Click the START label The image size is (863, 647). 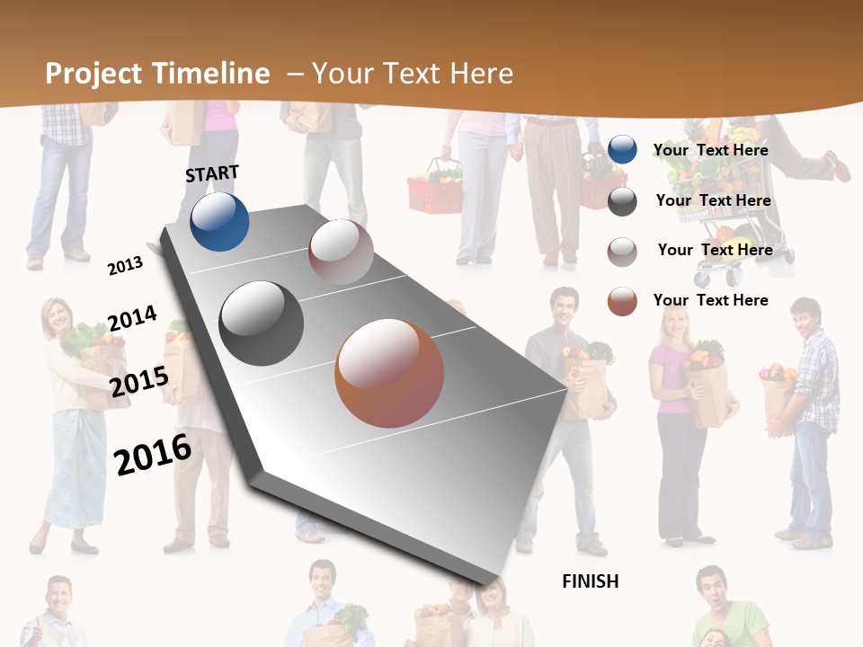(212, 173)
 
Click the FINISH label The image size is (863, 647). (590, 581)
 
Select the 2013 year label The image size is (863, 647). (125, 265)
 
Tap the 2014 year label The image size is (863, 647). (132, 319)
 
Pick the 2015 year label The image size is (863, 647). (138, 382)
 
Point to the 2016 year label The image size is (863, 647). (153, 455)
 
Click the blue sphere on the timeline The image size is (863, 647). (219, 222)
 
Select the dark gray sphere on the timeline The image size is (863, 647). (262, 323)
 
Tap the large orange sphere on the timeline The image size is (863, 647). (389, 373)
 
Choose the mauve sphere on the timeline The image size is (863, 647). (341, 252)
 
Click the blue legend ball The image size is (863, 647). (622, 150)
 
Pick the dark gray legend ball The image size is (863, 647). (622, 201)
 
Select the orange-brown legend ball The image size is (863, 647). (622, 301)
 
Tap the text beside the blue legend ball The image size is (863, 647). (710, 150)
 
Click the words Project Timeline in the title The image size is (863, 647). (157, 74)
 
